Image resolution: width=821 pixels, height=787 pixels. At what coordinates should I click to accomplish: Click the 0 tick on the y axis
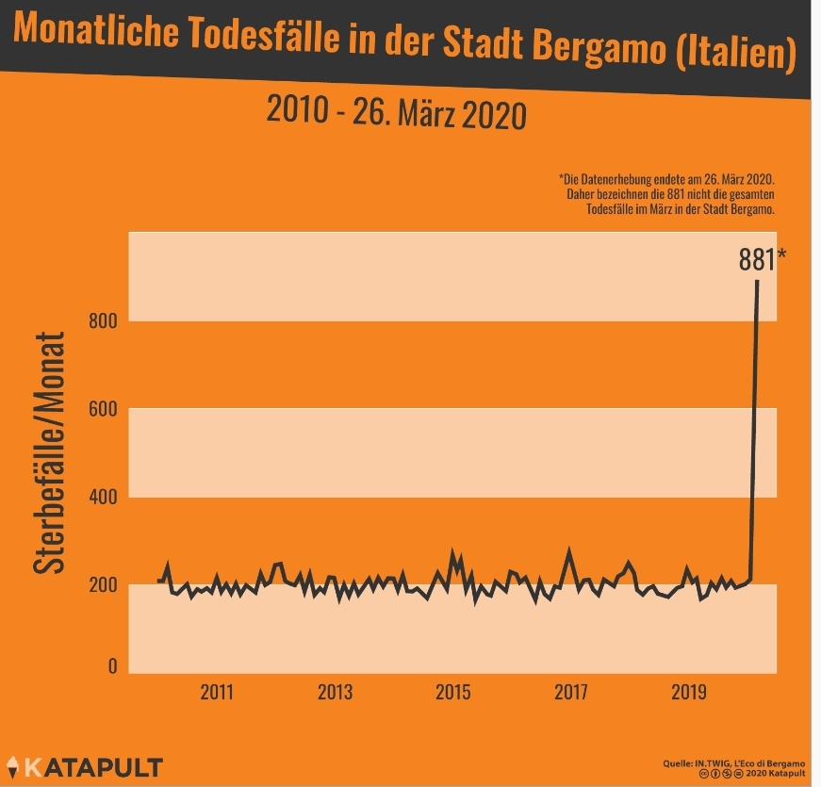(111, 666)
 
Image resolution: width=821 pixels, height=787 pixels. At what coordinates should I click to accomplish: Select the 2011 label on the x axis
(217, 691)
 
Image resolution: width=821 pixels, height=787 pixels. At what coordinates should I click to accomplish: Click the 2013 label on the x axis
(335, 691)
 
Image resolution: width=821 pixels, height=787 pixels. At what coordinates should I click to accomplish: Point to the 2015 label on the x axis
(452, 691)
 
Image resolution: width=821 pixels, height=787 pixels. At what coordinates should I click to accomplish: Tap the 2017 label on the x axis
(571, 691)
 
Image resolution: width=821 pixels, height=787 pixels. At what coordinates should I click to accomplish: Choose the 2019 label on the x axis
(689, 691)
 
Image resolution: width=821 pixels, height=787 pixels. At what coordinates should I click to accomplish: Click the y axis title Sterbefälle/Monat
(50, 452)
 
